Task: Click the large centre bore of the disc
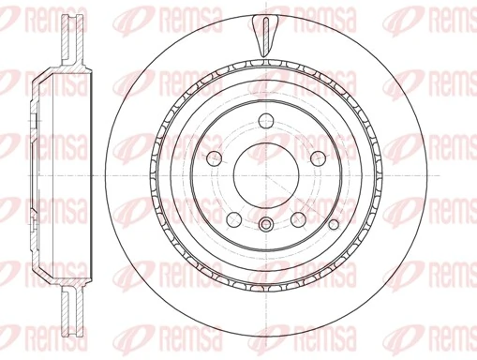[266, 176]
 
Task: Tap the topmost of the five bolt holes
[266, 121]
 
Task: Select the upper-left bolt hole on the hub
[215, 158]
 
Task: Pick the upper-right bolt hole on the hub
[318, 158]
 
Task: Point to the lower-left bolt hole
[234, 219]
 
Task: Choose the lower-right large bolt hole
[298, 219]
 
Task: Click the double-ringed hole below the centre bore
[266, 224]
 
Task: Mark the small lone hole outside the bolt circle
[334, 224]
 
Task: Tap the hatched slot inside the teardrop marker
[266, 35]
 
